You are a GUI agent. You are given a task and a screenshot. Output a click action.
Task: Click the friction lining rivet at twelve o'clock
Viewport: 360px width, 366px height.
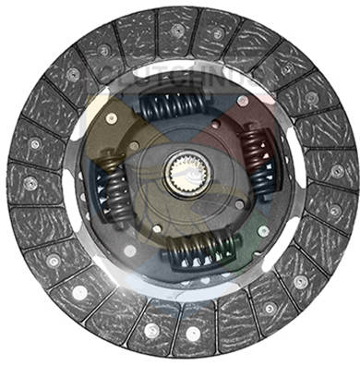(x=178, y=30)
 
